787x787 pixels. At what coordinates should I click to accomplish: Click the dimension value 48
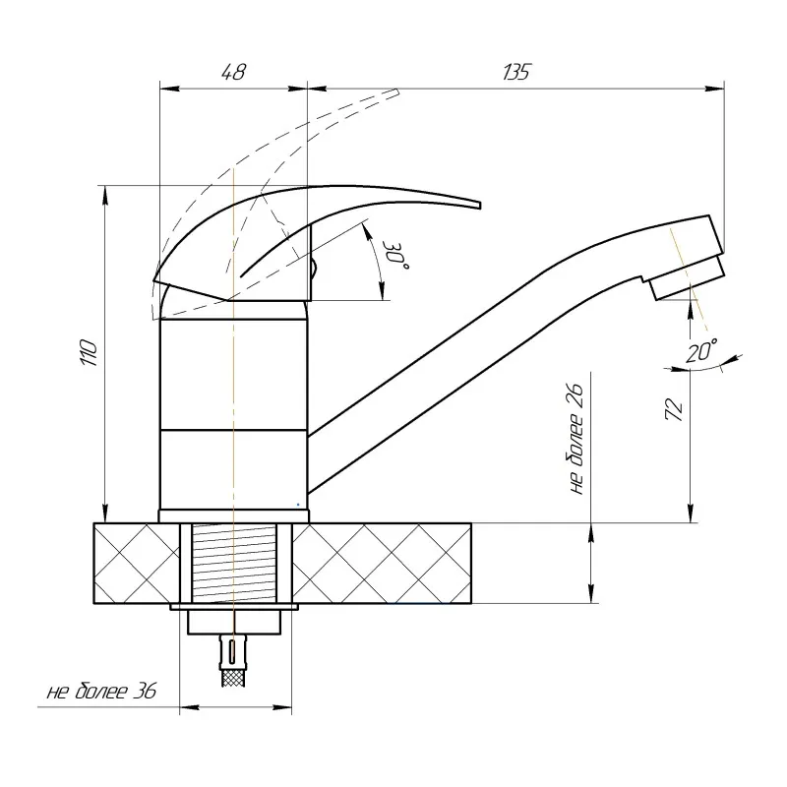point(234,72)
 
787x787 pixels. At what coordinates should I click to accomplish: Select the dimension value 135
point(515,72)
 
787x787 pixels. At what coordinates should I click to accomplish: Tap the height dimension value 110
point(89,353)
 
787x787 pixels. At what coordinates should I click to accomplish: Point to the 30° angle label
point(396,255)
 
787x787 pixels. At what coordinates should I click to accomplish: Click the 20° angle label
point(701,350)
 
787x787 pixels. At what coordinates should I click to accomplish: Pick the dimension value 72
point(674,409)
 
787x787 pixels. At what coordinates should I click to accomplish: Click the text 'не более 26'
point(577,439)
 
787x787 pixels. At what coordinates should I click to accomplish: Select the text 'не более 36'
point(102,692)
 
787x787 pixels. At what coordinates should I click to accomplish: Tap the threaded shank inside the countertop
point(234,563)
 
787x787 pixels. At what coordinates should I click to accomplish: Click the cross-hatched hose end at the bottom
point(233,679)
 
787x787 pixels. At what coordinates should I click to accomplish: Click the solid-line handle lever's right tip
point(480,206)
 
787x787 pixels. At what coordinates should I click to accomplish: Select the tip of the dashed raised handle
point(397,91)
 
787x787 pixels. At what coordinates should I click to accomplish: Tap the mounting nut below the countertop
point(234,623)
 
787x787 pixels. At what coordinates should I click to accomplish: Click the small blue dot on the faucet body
point(298,505)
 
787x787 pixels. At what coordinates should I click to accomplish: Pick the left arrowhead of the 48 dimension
point(168,89)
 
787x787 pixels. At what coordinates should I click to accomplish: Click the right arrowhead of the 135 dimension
point(715,89)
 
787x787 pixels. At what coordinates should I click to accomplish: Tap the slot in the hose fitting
point(232,652)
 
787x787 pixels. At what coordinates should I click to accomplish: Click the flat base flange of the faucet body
point(234,515)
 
